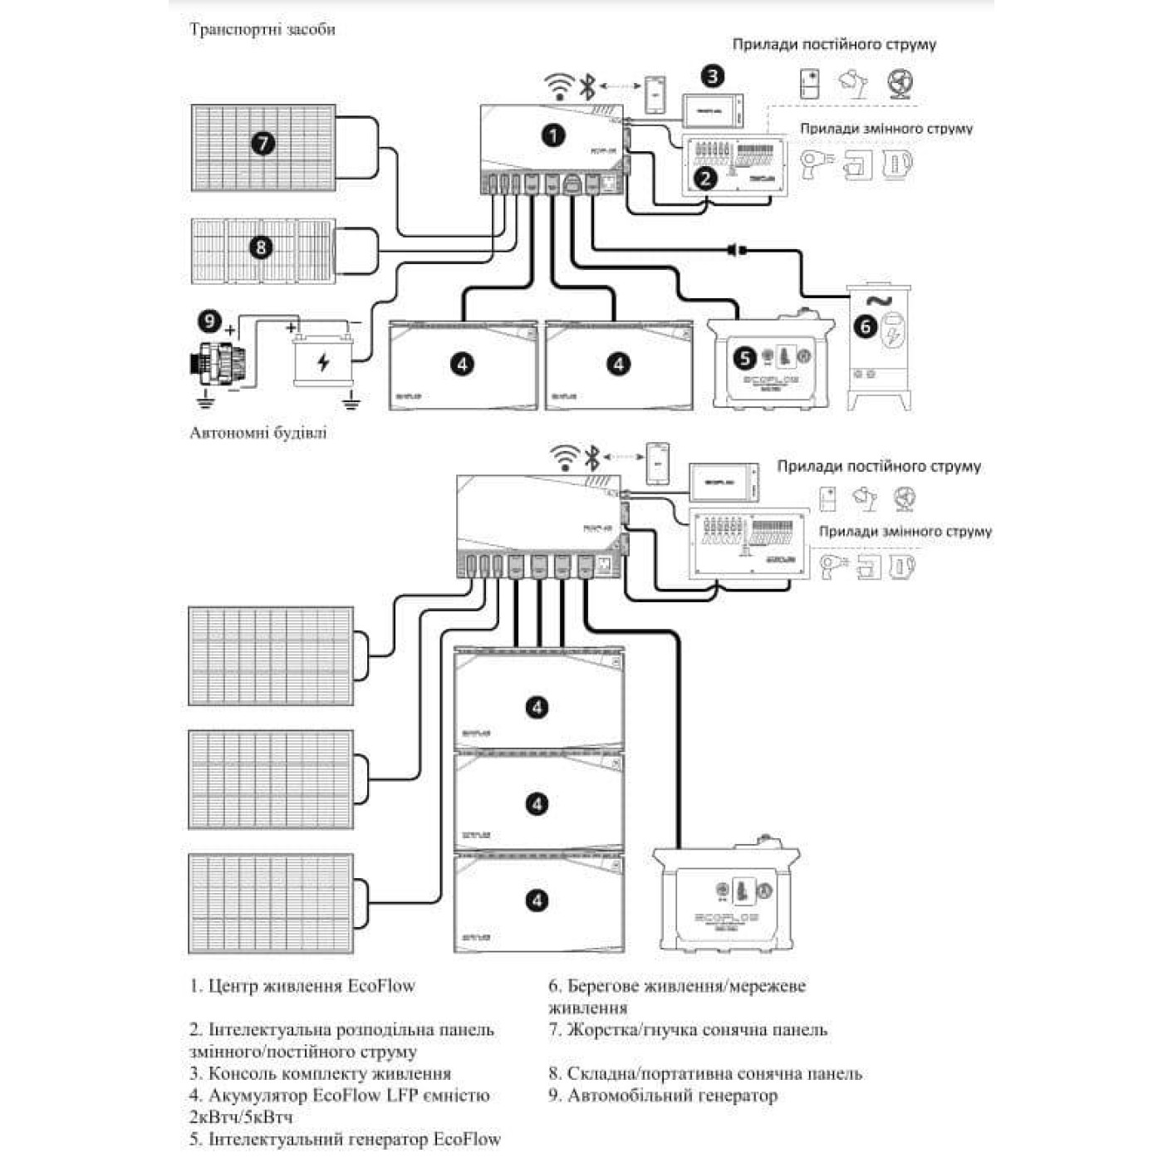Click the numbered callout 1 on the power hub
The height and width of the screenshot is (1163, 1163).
click(552, 135)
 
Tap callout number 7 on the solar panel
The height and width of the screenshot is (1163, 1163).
click(263, 144)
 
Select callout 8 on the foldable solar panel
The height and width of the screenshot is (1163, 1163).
click(261, 247)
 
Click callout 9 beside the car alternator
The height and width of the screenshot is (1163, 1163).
click(209, 321)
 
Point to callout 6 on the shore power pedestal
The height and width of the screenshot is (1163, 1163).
click(866, 326)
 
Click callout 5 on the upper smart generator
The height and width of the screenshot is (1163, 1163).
click(745, 358)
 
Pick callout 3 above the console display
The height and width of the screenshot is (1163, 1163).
click(712, 76)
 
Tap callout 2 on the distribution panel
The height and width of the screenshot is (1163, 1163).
click(705, 177)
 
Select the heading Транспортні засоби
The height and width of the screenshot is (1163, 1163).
click(263, 29)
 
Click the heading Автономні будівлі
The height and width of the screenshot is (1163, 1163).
click(258, 433)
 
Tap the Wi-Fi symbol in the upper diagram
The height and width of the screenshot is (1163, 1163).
click(559, 86)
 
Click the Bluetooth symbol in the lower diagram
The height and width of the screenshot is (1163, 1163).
click(591, 458)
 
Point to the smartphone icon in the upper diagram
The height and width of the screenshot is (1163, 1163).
click(655, 95)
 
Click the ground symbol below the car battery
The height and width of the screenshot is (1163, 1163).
click(351, 403)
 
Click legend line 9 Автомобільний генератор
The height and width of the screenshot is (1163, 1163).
click(663, 1096)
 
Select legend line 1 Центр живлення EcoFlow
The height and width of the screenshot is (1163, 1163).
click(302, 986)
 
